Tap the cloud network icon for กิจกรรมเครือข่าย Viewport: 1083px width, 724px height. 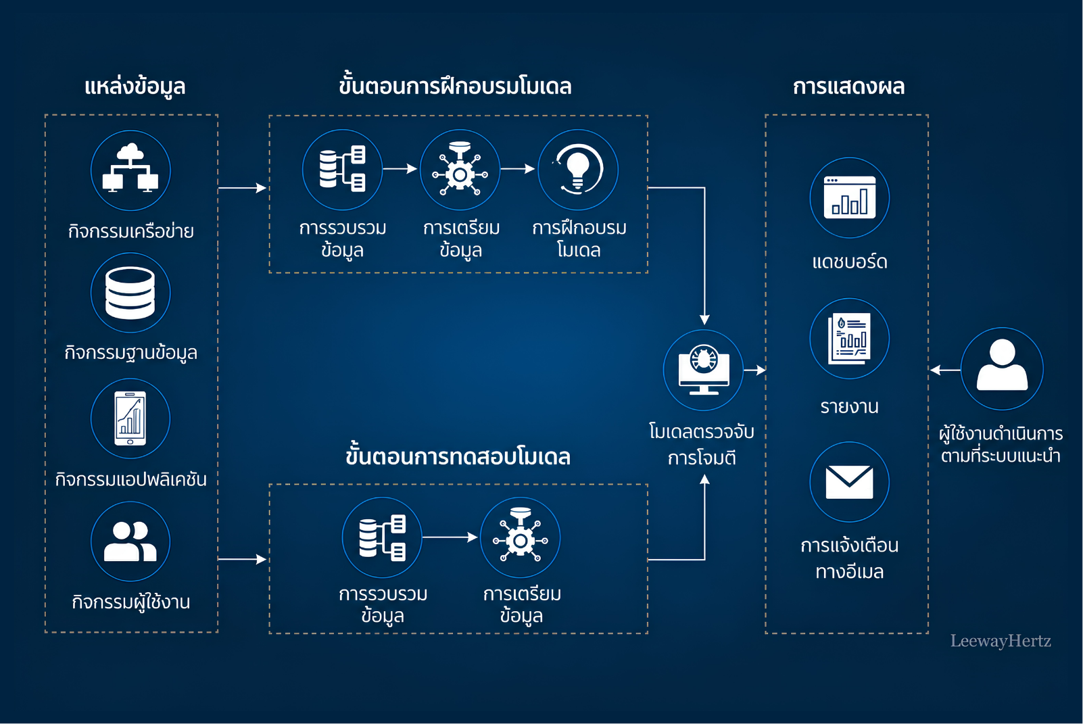coord(130,168)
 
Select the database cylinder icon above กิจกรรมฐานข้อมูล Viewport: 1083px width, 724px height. coord(130,293)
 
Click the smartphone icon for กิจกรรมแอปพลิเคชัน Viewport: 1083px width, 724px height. coord(130,418)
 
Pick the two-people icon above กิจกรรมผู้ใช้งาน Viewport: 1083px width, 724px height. coord(130,541)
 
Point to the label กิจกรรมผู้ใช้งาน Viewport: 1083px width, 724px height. coord(130,602)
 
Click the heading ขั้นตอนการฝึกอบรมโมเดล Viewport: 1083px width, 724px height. coord(455,86)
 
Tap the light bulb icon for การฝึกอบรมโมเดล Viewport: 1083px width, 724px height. coord(578,170)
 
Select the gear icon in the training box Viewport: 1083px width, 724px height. coord(460,169)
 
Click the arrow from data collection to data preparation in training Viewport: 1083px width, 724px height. coord(400,169)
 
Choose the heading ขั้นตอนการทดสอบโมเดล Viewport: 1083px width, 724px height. coord(458,456)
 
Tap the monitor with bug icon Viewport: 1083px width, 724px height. coord(704,370)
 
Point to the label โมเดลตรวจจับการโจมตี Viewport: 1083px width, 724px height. coord(702,444)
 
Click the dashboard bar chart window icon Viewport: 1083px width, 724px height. coord(850,197)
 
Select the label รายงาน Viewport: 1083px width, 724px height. coord(850,407)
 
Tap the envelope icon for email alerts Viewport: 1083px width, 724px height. coord(850,482)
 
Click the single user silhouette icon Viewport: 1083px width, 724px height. coord(1002,366)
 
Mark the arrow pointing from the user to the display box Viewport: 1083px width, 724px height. coord(945,370)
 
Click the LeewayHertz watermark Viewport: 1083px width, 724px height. coord(1001,641)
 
